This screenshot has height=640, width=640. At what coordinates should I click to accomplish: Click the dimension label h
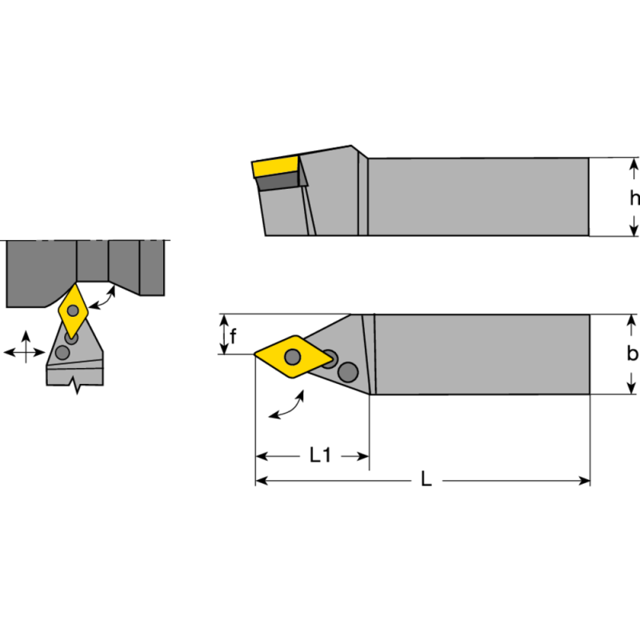tap(634, 198)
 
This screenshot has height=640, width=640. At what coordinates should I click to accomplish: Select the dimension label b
tap(632, 354)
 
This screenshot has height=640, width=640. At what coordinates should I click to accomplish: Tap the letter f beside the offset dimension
tap(233, 336)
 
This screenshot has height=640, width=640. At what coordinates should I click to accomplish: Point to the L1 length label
tap(320, 456)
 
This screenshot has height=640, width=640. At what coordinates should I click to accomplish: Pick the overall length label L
tap(426, 480)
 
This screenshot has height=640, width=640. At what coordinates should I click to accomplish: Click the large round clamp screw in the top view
tap(347, 371)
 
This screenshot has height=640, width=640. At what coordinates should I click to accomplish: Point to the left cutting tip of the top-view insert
tap(257, 354)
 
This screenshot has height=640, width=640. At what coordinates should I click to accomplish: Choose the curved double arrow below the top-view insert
tap(287, 406)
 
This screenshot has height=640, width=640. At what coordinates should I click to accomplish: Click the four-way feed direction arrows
tap(24, 350)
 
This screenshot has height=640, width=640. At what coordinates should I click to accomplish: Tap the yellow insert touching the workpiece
tap(74, 310)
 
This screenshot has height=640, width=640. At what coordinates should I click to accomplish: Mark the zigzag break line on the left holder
tap(76, 386)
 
